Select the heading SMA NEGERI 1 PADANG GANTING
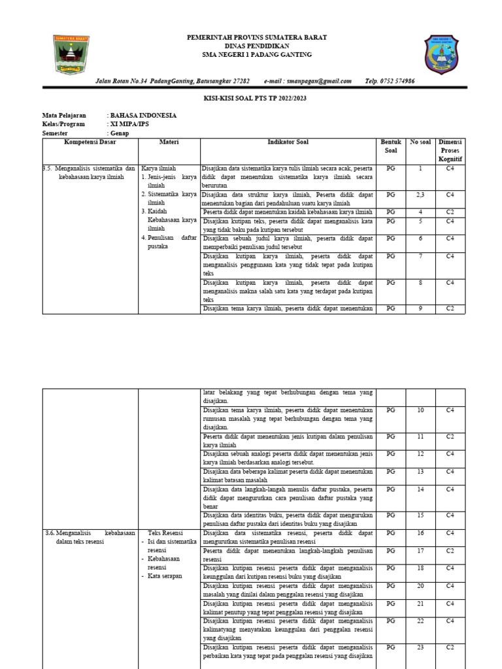[x=257, y=54]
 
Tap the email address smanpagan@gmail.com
[x=307, y=81]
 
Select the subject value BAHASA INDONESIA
[x=143, y=116]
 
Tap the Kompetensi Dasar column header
[x=90, y=142]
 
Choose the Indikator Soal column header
[x=288, y=142]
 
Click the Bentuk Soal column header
[x=390, y=146]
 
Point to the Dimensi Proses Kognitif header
[x=450, y=150]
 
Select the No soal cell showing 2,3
[x=420, y=195]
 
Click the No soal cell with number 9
[x=420, y=308]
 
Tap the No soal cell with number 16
[x=420, y=534]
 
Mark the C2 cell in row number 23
[x=450, y=647]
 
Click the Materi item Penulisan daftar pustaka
[x=168, y=242]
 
